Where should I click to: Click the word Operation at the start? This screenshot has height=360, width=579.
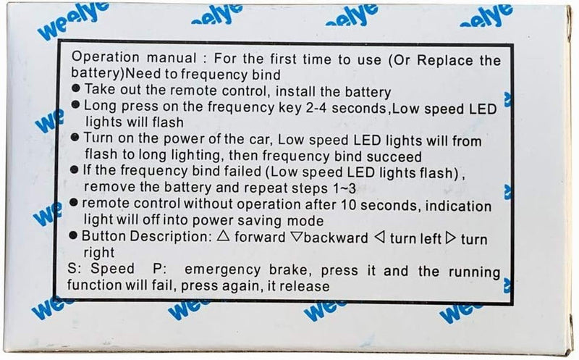pos(105,58)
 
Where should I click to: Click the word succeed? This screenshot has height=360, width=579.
pos(394,156)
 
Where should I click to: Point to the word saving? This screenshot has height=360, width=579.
pos(260,221)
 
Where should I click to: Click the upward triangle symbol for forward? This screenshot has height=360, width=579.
pos(223,235)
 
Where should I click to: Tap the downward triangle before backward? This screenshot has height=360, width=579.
pos(296,237)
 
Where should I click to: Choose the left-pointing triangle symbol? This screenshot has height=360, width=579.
pos(380,238)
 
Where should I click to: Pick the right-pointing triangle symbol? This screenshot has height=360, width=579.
pos(450,238)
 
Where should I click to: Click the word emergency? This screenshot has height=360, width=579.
pos(222,269)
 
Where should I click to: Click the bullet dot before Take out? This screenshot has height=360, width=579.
pos(76,88)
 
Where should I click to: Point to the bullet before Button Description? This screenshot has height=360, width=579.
pos(73,235)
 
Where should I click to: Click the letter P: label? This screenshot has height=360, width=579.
pos(159,269)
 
